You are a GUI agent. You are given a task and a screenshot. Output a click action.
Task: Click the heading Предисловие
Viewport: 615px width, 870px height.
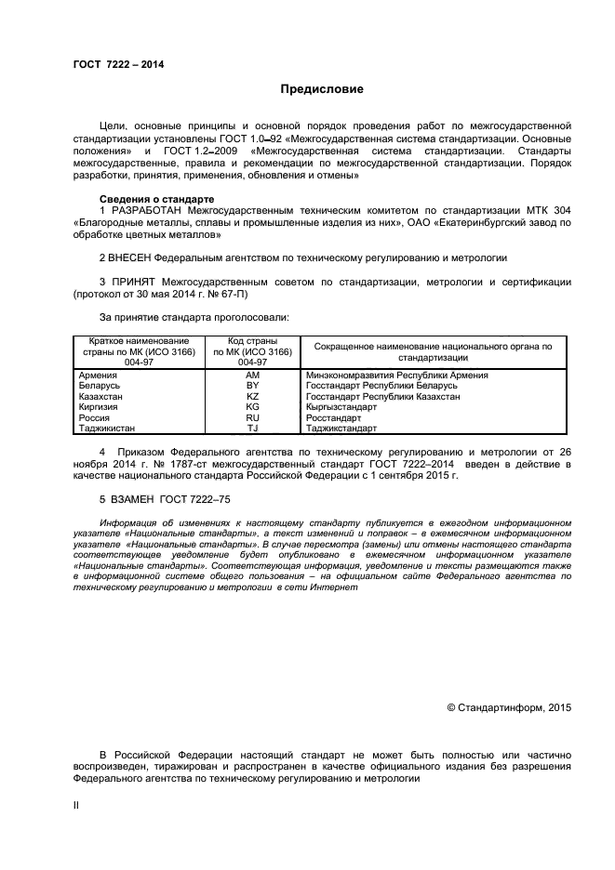click(322, 89)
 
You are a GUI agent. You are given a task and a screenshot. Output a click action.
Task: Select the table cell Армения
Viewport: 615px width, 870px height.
click(99, 375)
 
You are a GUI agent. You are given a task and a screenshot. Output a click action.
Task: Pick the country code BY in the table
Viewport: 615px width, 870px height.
click(252, 385)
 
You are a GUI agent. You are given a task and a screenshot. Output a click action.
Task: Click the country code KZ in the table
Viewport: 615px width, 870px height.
click(252, 396)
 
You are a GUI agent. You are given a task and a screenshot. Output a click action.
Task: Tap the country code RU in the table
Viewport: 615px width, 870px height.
click(252, 417)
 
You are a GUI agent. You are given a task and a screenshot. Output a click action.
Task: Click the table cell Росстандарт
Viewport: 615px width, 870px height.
click(334, 417)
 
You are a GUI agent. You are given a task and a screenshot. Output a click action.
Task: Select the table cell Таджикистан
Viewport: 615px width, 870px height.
click(108, 428)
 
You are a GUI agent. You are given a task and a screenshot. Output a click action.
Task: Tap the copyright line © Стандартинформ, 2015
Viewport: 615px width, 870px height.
click(509, 707)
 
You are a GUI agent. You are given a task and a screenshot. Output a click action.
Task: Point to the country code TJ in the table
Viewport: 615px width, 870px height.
click(252, 428)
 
